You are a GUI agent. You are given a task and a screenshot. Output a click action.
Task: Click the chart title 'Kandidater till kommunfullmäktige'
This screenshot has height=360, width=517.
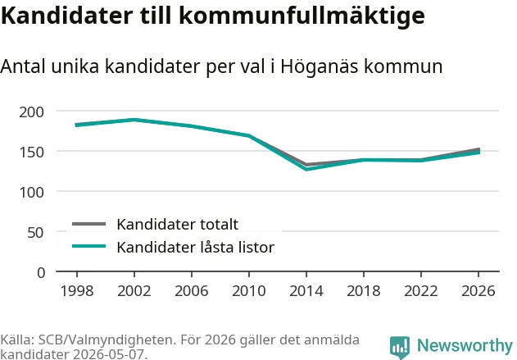point(213,16)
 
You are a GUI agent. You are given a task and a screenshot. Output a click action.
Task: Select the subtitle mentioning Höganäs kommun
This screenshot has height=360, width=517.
point(221,66)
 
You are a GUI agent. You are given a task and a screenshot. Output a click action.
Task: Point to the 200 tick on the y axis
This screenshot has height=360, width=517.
point(31,112)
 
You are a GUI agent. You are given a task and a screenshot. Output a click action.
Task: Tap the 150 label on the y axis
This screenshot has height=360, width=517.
point(31,153)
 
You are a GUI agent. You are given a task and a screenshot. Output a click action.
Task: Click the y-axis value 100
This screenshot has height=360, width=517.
point(31,193)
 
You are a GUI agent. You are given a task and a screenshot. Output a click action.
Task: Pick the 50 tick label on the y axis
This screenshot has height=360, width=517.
point(35,233)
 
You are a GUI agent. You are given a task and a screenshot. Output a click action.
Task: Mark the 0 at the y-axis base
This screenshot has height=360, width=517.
point(41,273)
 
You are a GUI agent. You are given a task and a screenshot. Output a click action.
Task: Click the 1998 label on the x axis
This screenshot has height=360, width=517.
point(77,291)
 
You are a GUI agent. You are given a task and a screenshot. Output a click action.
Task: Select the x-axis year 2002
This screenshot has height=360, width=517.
point(134,291)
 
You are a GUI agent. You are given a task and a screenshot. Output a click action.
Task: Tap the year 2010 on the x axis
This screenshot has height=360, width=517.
point(249,291)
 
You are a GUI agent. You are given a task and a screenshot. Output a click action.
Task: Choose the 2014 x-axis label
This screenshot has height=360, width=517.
point(306,291)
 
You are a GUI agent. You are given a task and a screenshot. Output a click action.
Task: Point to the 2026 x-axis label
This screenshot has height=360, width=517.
point(478,291)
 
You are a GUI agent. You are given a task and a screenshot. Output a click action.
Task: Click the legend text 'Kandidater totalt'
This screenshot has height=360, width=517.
point(178,225)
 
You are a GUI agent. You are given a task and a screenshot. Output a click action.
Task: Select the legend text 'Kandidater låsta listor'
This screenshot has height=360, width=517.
point(196,247)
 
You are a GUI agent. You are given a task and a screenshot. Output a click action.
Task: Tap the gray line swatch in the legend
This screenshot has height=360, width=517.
point(89,224)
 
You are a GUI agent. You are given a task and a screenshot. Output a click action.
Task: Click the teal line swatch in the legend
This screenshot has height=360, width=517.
point(89,246)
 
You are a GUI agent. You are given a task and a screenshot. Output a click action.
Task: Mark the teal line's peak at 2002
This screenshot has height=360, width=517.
point(134,120)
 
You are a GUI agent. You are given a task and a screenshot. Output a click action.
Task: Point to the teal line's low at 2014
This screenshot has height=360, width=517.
point(306,169)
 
